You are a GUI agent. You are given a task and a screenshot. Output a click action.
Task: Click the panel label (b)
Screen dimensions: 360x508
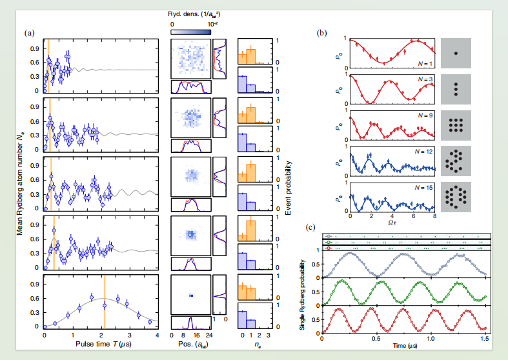[x=320, y=33]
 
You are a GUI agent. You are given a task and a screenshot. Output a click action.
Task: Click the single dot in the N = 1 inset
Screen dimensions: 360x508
[x=456, y=54]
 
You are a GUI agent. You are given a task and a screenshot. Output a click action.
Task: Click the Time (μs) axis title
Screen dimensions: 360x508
[x=403, y=348]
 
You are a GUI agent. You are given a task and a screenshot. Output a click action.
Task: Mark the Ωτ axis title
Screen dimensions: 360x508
[x=392, y=223]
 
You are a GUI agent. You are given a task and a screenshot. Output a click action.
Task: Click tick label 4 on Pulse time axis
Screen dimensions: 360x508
[x=157, y=335]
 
